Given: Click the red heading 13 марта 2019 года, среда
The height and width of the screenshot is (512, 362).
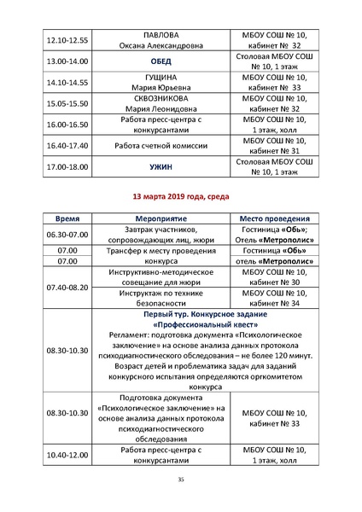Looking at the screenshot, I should (x=180, y=196).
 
